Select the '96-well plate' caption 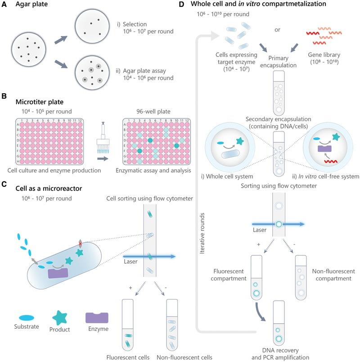pyautogui.click(x=148, y=109)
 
